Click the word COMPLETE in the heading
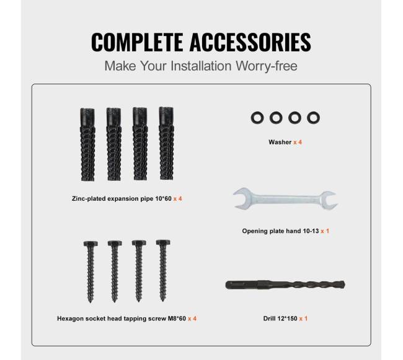click(137, 42)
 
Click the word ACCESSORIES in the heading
click(250, 42)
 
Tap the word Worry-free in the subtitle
click(267, 66)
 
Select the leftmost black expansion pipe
click(87, 144)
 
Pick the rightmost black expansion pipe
click(166, 144)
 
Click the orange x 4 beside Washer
click(298, 142)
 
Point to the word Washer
click(280, 142)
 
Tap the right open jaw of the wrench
click(330, 200)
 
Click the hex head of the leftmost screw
click(91, 244)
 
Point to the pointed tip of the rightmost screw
click(162, 300)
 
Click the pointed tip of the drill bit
click(343, 284)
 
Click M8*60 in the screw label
click(177, 318)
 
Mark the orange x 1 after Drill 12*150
click(303, 318)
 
